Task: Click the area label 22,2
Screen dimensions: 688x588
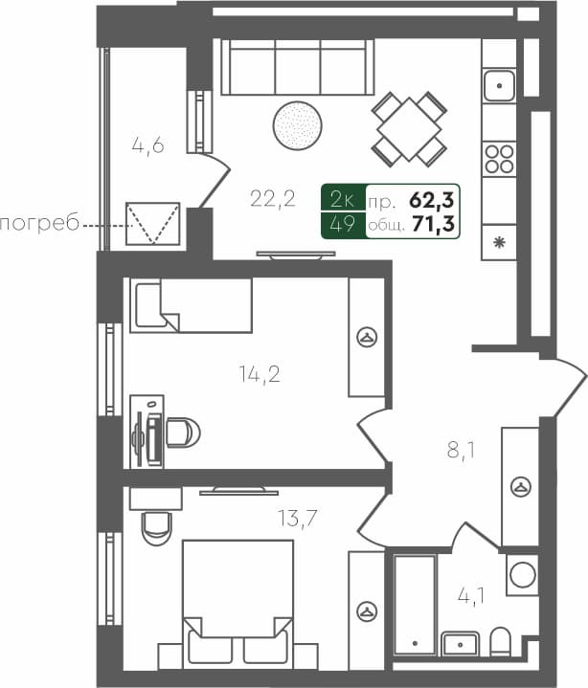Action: click(272, 199)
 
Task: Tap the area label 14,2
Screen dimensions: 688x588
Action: click(259, 373)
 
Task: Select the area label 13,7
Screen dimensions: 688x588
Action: click(298, 519)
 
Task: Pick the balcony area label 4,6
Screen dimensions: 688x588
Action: click(148, 145)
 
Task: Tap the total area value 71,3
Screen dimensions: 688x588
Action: click(433, 225)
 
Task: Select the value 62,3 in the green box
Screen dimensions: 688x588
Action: click(432, 200)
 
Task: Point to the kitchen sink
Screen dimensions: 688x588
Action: click(498, 86)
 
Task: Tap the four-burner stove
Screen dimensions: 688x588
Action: click(499, 158)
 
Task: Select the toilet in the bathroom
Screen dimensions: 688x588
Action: click(500, 641)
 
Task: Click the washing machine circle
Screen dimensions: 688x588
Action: click(522, 575)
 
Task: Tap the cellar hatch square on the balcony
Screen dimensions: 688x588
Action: click(153, 224)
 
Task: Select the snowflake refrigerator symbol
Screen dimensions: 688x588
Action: click(498, 242)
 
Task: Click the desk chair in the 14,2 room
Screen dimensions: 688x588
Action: click(181, 433)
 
